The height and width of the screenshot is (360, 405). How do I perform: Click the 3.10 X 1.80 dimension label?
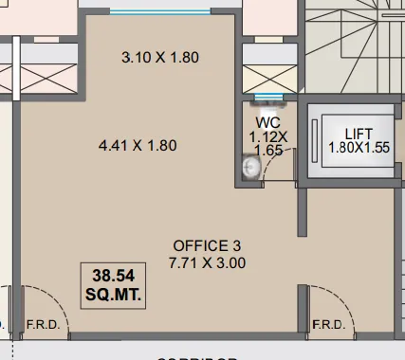160,58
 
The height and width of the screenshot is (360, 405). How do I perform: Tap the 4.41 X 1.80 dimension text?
138,146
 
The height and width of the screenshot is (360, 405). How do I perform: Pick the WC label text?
267,123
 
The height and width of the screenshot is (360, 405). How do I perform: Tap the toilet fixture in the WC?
250,168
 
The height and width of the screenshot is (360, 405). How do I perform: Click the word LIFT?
359,133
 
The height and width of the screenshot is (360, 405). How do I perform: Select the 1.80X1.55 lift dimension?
359,148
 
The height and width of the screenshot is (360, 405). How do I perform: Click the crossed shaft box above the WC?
268,75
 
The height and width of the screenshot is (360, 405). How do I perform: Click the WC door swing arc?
273,171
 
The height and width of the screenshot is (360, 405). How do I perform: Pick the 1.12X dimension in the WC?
267,136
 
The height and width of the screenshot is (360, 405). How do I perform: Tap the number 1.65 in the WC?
267,150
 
